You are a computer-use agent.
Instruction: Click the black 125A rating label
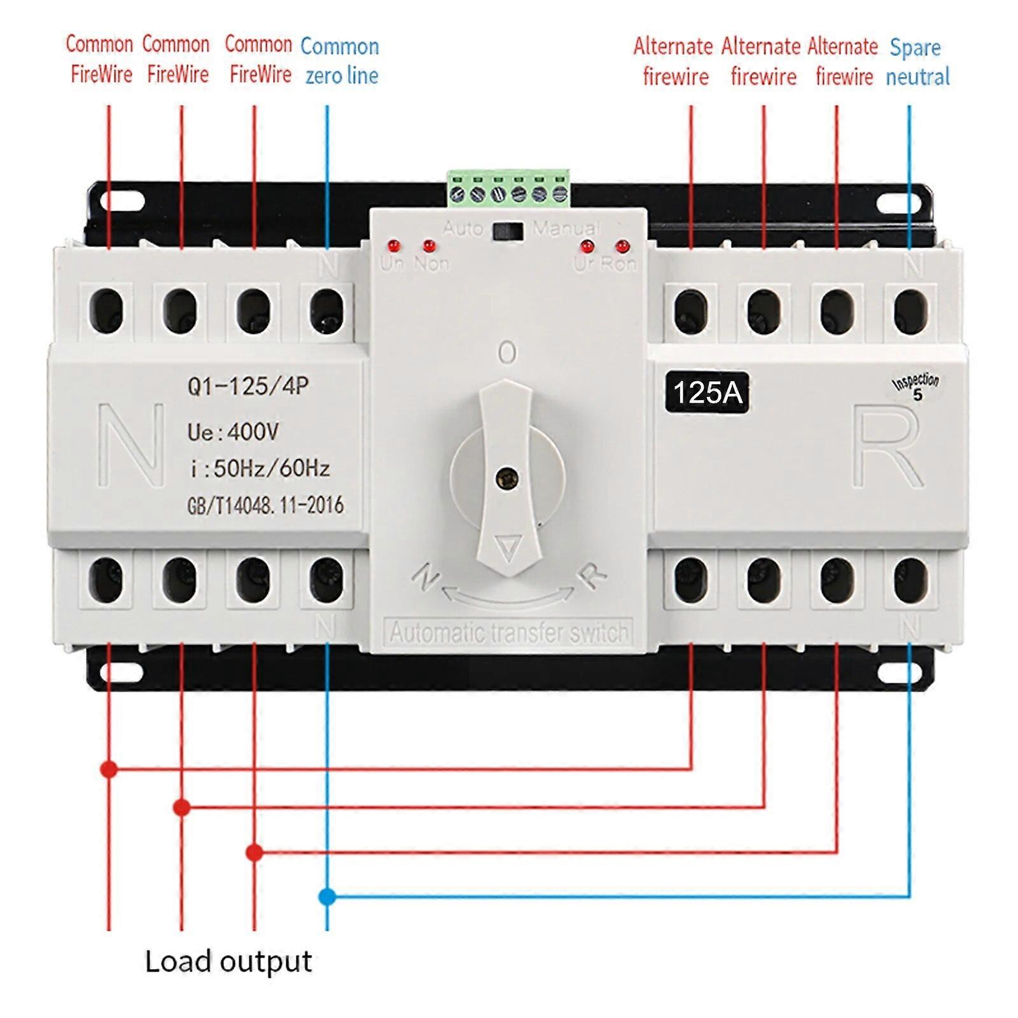[x=707, y=393]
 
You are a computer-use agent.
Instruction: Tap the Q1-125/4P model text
[x=248, y=386]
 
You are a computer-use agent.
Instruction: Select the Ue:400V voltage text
[x=233, y=432]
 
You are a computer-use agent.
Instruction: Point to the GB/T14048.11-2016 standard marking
[x=265, y=505]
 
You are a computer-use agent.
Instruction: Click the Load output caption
[x=228, y=961]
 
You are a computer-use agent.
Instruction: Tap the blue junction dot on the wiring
[x=326, y=897]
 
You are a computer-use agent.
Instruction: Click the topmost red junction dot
[x=109, y=769]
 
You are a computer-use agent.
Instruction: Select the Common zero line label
[x=340, y=61]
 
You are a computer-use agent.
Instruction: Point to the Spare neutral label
[x=917, y=62]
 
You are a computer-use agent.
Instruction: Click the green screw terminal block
[x=508, y=189]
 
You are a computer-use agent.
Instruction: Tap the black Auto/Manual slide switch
[x=508, y=230]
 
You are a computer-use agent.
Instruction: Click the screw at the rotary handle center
[x=507, y=477]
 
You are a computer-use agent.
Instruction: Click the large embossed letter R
[x=888, y=448]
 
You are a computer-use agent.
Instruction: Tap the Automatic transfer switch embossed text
[x=508, y=633]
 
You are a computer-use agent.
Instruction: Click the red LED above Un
[x=393, y=246]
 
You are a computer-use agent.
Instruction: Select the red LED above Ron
[x=622, y=246]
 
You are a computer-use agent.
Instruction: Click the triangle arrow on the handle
[x=508, y=548]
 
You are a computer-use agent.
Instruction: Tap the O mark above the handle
[x=507, y=352]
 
